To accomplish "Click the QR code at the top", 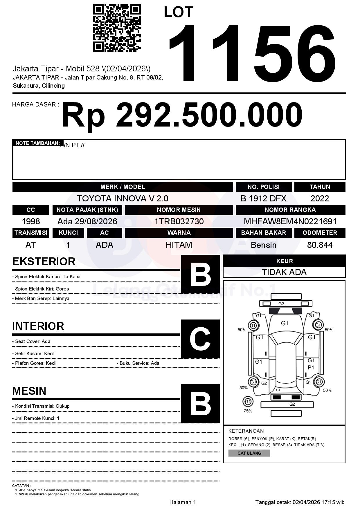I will click(x=117, y=28).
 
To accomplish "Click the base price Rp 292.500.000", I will click(x=182, y=115).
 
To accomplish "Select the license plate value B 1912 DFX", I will click(x=263, y=198).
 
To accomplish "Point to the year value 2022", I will click(x=320, y=198).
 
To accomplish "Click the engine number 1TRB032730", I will click(x=179, y=221).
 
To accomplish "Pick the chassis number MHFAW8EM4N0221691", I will click(x=290, y=221).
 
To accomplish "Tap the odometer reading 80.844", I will click(x=320, y=245).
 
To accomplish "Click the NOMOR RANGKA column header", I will click(x=290, y=210).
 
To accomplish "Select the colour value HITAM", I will click(x=179, y=245).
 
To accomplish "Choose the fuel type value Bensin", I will click(x=263, y=245).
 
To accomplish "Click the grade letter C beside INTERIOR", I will click(x=200, y=339).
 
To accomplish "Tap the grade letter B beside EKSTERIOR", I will click(x=200, y=274).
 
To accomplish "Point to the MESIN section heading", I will click(x=29, y=391).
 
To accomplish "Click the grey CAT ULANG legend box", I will click(x=249, y=453).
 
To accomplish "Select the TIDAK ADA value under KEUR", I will click(x=284, y=272).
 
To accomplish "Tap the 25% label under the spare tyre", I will click(x=248, y=411).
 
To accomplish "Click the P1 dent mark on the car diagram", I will click(x=311, y=367).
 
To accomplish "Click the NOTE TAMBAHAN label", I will click(x=38, y=143).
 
